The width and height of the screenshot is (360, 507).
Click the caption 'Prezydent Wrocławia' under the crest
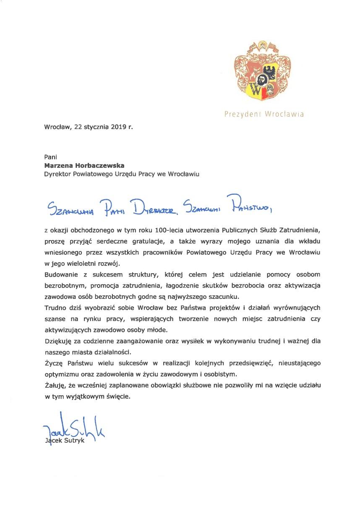click(x=264, y=114)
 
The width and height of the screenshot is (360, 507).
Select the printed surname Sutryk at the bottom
click(x=75, y=441)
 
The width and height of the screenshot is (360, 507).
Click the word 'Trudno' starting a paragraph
click(x=55, y=308)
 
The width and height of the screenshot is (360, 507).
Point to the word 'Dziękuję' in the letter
click(x=57, y=341)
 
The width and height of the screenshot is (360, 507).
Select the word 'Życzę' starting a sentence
click(x=53, y=363)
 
